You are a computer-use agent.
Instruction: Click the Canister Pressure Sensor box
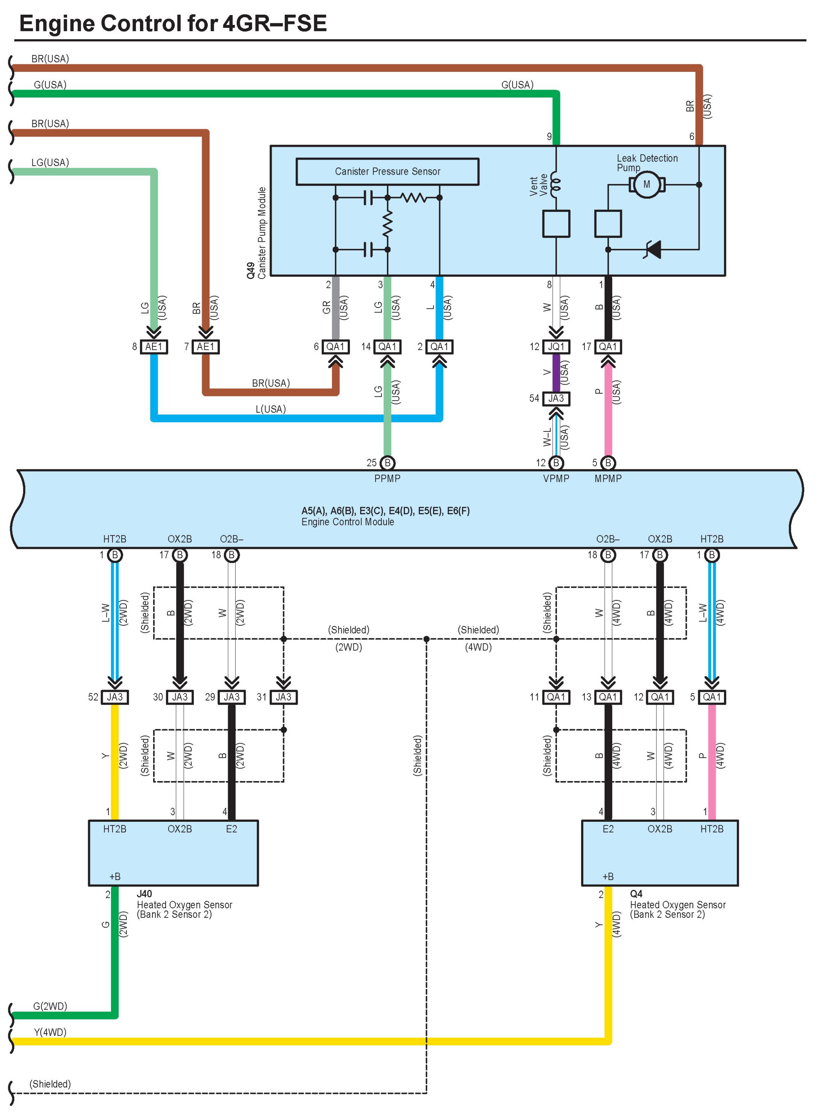tap(387, 172)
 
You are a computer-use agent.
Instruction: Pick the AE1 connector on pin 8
tap(154, 347)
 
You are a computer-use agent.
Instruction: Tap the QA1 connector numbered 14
tap(387, 347)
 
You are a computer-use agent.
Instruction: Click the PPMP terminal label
tap(387, 478)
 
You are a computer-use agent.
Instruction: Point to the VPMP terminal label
tap(556, 478)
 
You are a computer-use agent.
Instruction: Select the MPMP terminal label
tap(608, 478)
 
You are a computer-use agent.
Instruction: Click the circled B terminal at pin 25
tap(387, 463)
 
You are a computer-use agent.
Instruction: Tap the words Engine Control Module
tap(347, 522)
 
